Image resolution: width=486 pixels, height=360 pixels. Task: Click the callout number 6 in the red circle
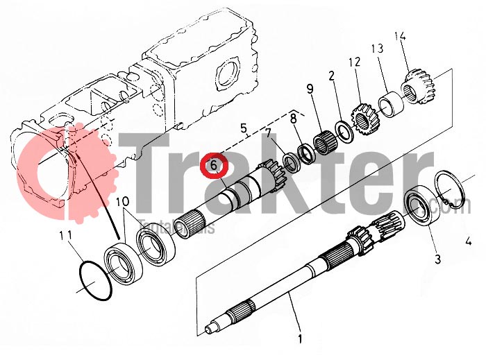(214, 165)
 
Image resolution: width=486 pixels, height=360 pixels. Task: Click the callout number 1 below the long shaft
(299, 340)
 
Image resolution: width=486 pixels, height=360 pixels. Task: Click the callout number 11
(65, 235)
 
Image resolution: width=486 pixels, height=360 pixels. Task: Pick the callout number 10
(122, 202)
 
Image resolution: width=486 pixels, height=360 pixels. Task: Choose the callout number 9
(310, 88)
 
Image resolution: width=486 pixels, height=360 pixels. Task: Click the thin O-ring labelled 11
(93, 281)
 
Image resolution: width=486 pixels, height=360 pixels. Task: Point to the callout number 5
(243, 128)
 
